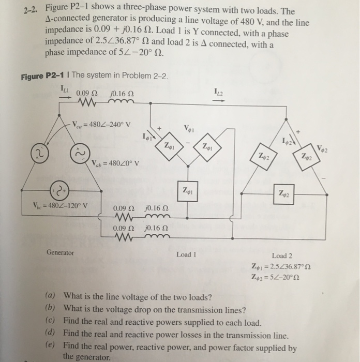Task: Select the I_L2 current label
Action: [219, 92]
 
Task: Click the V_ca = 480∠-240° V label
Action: [102, 125]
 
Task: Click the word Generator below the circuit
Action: [61, 253]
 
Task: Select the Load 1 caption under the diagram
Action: [186, 254]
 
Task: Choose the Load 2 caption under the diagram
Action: [282, 255]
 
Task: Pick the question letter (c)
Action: [51, 321]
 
